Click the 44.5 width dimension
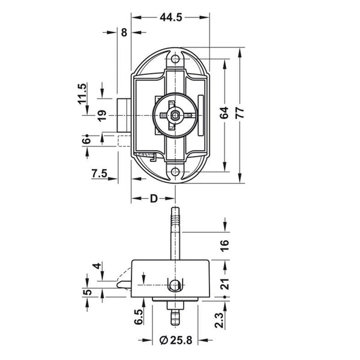(x=171, y=17)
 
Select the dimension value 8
(x=124, y=32)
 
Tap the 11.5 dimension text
(x=82, y=94)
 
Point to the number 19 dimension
(x=102, y=115)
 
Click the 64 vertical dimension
(x=224, y=113)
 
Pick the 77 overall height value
(x=240, y=113)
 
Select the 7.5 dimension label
(x=100, y=173)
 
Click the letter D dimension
(x=154, y=199)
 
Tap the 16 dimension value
(x=224, y=245)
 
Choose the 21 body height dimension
(x=224, y=284)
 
